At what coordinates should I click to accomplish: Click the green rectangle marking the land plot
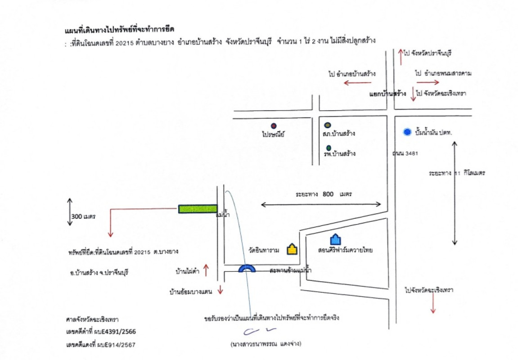pyautogui.click(x=198, y=209)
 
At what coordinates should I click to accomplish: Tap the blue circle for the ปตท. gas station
pyautogui.click(x=407, y=132)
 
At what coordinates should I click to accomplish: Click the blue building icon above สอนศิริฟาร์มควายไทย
pyautogui.click(x=335, y=240)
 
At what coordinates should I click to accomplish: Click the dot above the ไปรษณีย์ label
pyautogui.click(x=273, y=126)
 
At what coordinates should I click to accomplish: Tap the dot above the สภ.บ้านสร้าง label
pyautogui.click(x=328, y=125)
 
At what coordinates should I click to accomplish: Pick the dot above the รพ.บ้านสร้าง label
pyautogui.click(x=329, y=147)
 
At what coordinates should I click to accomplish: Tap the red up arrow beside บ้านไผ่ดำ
pyautogui.click(x=206, y=270)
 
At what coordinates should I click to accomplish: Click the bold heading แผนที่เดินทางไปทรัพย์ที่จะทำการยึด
pyautogui.click(x=119, y=31)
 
